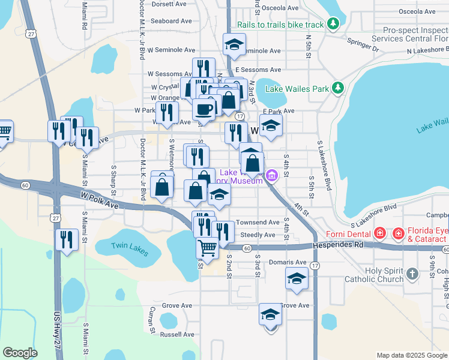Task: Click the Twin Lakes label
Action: [129, 245]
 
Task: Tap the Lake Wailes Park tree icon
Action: [339, 88]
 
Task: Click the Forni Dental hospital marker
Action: [380, 233]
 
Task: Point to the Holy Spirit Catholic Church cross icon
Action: [412, 274]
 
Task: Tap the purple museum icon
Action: [271, 176]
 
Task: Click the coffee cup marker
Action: [204, 109]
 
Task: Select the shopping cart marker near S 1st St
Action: [207, 247]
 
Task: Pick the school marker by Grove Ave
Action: [270, 314]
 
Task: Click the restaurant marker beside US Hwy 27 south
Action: [67, 239]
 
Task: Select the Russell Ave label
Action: [178, 334]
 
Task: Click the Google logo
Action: [20, 353]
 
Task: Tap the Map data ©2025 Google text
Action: [411, 355]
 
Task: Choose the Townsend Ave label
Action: [258, 222]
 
